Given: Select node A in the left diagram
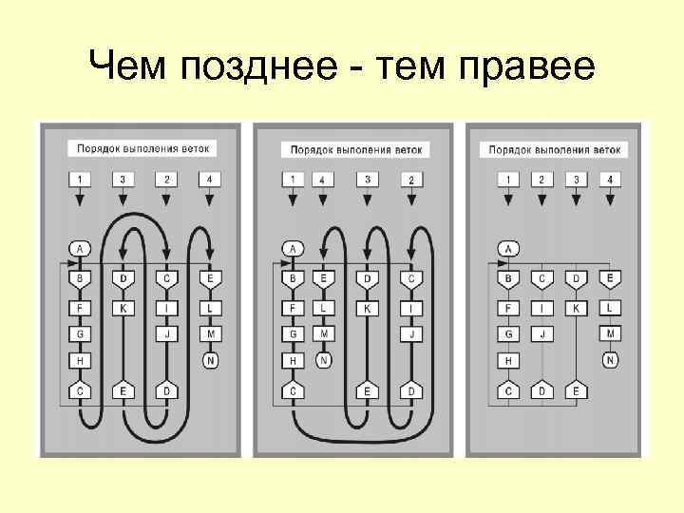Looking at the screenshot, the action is click(x=81, y=249).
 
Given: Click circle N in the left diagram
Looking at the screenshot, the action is click(x=211, y=360).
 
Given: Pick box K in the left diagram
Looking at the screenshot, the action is click(x=123, y=307).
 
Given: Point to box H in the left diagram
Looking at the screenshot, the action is click(x=81, y=360).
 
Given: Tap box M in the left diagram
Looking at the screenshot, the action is click(x=211, y=333).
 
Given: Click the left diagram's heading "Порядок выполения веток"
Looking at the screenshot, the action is click(x=142, y=148).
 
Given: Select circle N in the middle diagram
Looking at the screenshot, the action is click(x=324, y=360).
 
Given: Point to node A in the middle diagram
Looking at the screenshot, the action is click(x=293, y=249).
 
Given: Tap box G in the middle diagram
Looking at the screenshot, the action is click(x=293, y=333).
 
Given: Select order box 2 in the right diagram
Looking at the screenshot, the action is click(x=541, y=179).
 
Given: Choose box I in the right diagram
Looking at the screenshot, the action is click(x=541, y=307).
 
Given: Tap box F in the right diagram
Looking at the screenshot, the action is click(x=508, y=307).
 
